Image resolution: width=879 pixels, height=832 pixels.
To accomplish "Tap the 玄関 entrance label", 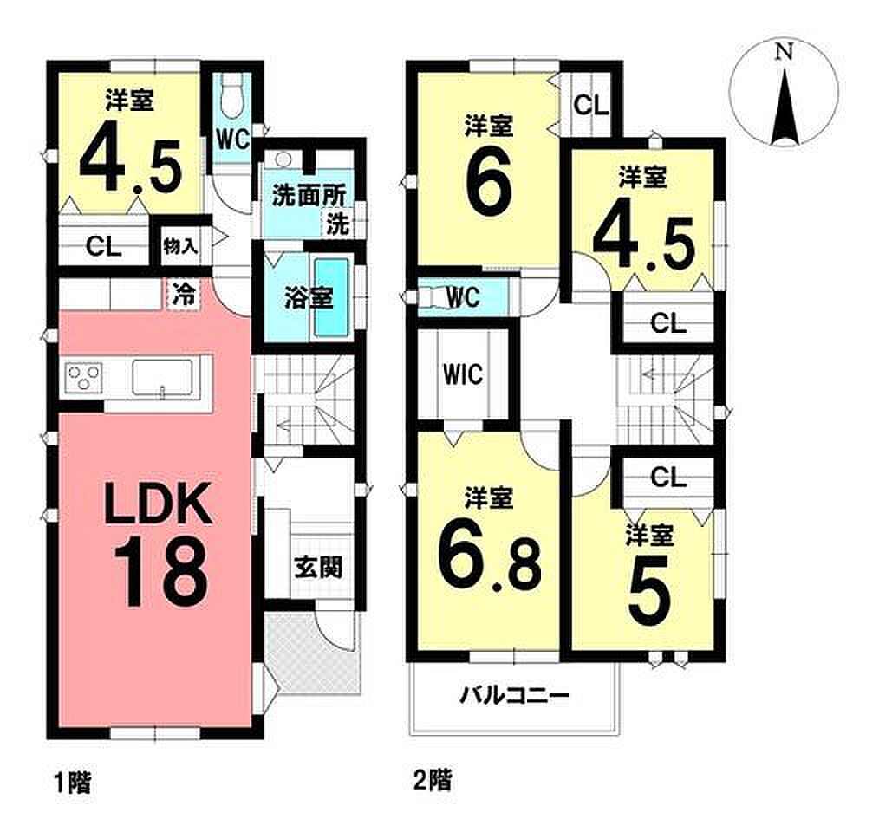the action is click(318, 568).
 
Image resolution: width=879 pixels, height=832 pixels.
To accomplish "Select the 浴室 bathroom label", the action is click(309, 298).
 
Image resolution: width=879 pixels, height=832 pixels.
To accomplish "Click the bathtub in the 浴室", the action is click(332, 297).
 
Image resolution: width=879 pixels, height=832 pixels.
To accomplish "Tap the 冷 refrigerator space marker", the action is click(184, 294).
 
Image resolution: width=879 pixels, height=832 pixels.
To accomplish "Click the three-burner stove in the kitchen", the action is click(83, 375).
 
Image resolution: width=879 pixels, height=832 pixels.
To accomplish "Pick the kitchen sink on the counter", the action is click(163, 377).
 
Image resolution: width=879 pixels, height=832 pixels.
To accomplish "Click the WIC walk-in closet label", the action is click(463, 374).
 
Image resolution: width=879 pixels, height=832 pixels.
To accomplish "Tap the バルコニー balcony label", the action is click(514, 696).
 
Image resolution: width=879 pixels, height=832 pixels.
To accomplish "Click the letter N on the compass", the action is click(784, 52).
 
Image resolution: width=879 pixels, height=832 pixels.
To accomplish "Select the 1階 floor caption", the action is click(72, 782).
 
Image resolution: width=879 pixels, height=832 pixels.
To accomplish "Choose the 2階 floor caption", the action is click(433, 780).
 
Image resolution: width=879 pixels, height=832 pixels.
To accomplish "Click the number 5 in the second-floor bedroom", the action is click(649, 590).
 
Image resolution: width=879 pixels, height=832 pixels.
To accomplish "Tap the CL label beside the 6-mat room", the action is click(591, 105).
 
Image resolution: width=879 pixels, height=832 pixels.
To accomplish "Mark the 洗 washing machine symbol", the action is click(337, 224).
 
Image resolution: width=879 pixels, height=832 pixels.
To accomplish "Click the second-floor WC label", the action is click(463, 297).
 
